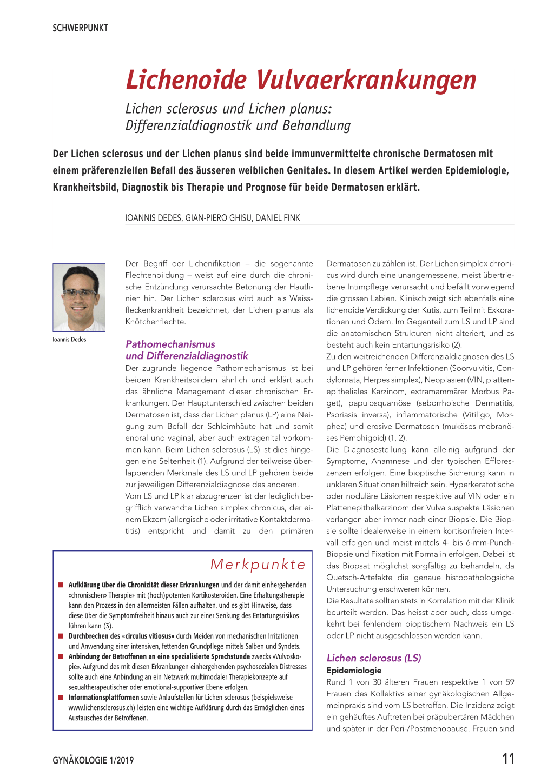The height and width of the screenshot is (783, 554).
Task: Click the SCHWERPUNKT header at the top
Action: coord(80,28)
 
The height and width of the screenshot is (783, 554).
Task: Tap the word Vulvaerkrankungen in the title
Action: coord(366,80)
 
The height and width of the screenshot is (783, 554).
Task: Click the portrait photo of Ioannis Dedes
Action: coord(79,297)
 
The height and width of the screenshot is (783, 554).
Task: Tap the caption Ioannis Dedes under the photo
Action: coord(69,340)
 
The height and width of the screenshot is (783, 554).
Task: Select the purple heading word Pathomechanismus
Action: coord(170,344)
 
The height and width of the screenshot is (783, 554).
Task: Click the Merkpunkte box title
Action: coord(258,565)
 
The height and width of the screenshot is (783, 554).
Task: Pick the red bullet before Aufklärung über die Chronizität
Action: coord(61,585)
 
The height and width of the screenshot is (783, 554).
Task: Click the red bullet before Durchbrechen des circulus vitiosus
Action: coord(61,636)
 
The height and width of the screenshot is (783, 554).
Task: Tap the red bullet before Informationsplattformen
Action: coord(61,698)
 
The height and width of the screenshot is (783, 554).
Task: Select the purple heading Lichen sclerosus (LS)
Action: coord(373,658)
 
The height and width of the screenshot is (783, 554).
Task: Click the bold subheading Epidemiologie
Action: coord(354,671)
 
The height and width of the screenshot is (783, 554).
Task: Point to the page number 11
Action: coord(508,759)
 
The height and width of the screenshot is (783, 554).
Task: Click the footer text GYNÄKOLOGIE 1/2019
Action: coord(93,760)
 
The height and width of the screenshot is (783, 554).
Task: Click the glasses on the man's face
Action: coord(80,294)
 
